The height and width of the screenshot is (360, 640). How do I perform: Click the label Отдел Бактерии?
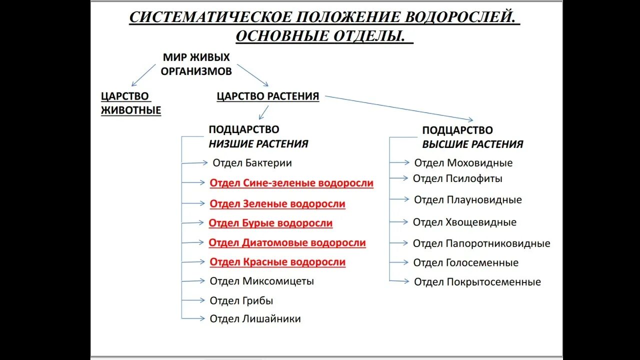click(x=252, y=163)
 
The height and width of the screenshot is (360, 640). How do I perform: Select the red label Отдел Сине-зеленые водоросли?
click(x=291, y=183)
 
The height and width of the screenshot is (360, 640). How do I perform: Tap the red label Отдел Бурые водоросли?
click(x=270, y=223)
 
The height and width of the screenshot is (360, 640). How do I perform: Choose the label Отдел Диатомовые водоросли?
click(x=287, y=243)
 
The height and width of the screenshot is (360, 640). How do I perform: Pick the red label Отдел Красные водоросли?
click(x=277, y=262)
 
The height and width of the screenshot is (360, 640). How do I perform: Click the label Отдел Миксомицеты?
click(x=262, y=281)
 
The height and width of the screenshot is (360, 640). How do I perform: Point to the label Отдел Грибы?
click(x=241, y=300)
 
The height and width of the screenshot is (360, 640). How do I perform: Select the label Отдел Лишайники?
click(x=255, y=318)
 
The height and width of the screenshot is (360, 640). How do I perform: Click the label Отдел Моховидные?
click(x=463, y=163)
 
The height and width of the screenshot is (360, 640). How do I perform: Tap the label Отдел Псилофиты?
click(x=457, y=178)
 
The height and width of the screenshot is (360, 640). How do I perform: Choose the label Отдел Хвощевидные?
click(x=464, y=222)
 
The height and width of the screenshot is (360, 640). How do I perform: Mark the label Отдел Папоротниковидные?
click(x=481, y=243)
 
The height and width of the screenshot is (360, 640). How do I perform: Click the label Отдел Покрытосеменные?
click(x=477, y=282)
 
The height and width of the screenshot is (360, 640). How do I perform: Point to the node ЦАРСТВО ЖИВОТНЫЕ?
click(x=131, y=103)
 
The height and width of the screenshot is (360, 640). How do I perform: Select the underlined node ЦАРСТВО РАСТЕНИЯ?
click(x=268, y=96)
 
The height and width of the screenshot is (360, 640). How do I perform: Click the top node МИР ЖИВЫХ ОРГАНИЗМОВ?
click(x=196, y=64)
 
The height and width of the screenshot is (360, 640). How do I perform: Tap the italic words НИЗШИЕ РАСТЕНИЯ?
click(x=258, y=144)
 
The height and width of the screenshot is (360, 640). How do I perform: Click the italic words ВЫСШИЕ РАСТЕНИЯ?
click(x=472, y=144)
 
